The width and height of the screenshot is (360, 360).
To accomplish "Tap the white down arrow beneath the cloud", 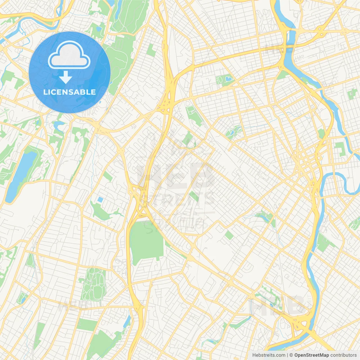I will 66,77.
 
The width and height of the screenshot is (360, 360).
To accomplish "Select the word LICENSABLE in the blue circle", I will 69,92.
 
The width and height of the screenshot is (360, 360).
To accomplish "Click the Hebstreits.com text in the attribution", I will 269,355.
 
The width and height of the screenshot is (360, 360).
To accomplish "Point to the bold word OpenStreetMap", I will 311,355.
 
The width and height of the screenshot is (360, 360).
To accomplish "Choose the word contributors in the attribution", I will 343,355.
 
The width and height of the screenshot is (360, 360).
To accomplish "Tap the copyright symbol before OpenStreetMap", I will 291,355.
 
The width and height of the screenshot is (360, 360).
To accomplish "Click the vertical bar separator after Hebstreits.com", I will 288,355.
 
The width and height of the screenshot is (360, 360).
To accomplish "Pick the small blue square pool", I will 100,200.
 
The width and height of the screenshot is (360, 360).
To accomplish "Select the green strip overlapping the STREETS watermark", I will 194,196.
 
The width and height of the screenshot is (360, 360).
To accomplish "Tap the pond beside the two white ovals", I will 228,78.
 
